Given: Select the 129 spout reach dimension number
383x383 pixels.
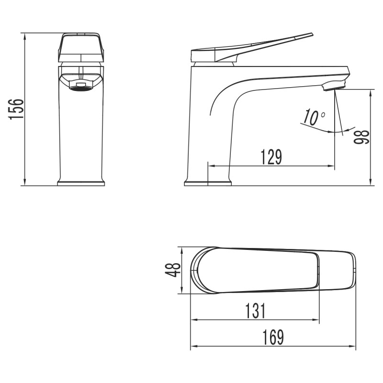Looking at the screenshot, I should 271,157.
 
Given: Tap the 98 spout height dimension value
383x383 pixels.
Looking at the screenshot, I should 362,137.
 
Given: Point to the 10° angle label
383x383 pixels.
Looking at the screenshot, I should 314,117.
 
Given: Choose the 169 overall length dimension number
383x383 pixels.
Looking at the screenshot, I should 273,338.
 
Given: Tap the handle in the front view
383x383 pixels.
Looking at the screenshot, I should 80,47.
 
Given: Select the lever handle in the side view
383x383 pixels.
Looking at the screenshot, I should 254,48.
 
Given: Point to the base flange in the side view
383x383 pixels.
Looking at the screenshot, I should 208,183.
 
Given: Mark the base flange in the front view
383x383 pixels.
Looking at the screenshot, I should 80,183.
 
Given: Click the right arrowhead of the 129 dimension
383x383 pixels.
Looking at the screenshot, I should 331,166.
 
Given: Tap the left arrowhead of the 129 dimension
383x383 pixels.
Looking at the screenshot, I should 211,166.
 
